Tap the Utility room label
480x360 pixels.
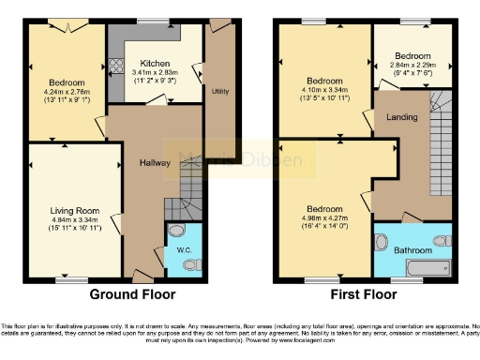(221, 91)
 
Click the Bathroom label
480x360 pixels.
(412, 250)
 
